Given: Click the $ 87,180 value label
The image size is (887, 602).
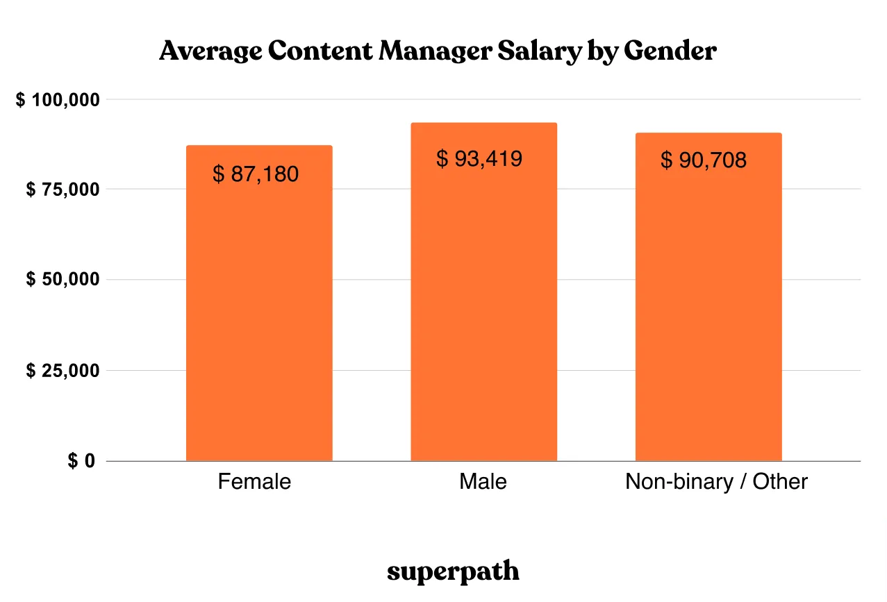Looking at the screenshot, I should point(256,174).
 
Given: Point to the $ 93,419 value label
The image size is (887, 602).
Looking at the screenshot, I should point(479,159).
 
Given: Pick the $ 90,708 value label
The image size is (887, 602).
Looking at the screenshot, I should point(704,160).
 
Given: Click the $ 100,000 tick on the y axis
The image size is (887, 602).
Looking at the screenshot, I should point(58,100).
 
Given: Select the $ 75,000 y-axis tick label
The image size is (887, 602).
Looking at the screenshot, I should point(63,190).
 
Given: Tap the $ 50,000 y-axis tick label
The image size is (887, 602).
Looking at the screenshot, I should point(63,280).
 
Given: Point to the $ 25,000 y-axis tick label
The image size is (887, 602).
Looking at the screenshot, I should point(63,371).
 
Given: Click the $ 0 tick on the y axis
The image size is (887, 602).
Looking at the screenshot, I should point(81,461).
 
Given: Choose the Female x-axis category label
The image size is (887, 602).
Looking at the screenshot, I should point(254,482).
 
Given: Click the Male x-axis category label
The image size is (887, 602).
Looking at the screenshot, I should point(483,482).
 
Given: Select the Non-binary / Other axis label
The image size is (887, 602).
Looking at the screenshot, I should point(716,482).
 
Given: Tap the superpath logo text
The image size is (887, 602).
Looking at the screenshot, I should point(453,572).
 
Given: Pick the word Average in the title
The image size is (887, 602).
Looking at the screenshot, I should point(210,51).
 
